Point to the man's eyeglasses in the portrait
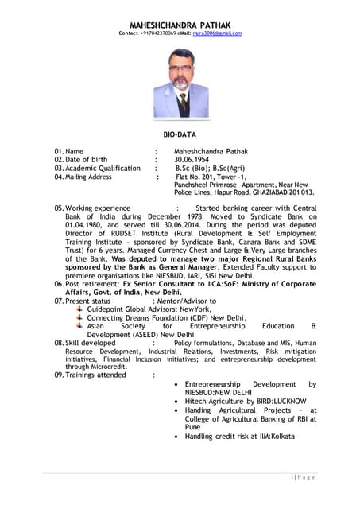[182, 72]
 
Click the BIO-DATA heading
[180, 136]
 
